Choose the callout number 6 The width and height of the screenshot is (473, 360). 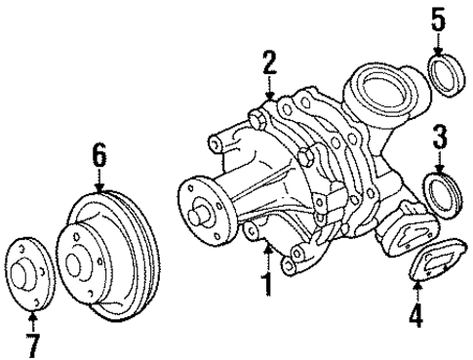pyautogui.click(x=99, y=153)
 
